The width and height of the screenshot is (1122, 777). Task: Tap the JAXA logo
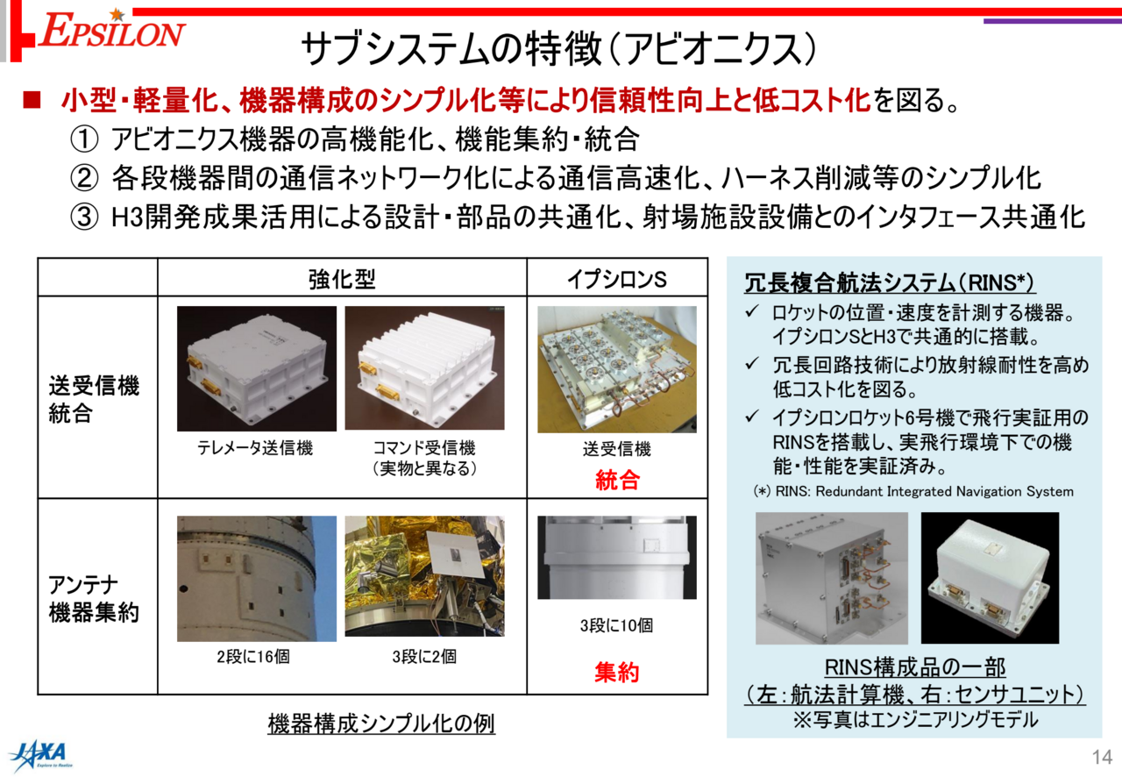41,755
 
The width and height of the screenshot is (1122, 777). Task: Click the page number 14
1102,757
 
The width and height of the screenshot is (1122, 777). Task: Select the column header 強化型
342,279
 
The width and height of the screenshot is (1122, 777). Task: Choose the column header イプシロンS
616,279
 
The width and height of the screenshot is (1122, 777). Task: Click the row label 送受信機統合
94,400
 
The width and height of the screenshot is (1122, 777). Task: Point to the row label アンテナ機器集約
94,599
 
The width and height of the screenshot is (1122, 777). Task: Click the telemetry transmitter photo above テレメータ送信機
257,368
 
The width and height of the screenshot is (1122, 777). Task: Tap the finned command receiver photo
425,368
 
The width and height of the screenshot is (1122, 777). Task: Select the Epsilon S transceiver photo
616,369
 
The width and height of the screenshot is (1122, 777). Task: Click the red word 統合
617,481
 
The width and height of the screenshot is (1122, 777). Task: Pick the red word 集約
617,673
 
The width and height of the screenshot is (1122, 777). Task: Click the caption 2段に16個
253,657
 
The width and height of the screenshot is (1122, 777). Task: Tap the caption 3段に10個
616,625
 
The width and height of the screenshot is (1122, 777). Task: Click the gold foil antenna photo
425,576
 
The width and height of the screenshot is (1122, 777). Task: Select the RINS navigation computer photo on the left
832,578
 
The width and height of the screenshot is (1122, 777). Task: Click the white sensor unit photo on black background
990,578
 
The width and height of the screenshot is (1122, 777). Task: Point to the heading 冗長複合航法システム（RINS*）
890,282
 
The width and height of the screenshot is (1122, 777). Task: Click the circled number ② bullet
84,178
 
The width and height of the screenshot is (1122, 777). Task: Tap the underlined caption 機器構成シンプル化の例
381,724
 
